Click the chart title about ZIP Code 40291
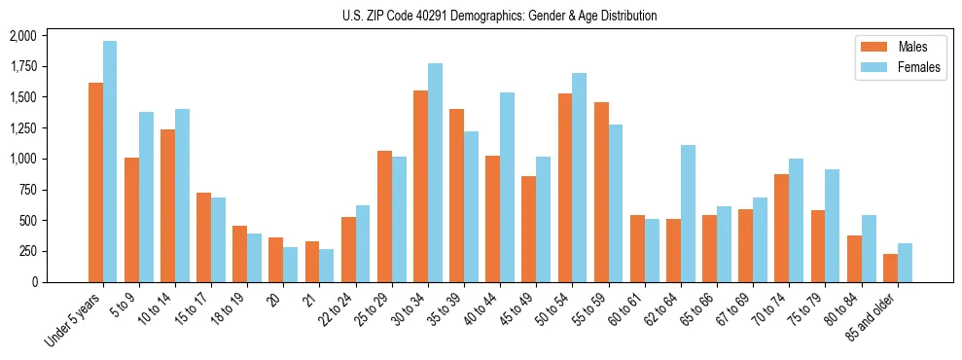click(x=499, y=16)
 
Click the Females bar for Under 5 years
click(x=110, y=162)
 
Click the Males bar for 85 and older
click(x=890, y=268)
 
